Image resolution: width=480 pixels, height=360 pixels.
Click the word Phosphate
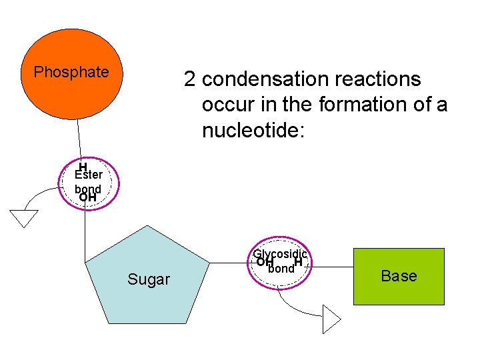coord(71,72)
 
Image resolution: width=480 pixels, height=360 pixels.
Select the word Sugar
coord(149,279)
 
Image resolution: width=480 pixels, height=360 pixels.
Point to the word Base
coord(399,276)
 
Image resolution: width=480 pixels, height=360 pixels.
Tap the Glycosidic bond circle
coord(280,262)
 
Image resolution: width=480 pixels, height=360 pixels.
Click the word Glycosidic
coord(280,254)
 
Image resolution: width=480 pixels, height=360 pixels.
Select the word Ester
coord(89,175)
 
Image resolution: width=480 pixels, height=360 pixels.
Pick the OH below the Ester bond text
coord(87,197)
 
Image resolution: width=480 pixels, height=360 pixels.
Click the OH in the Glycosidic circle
coord(265,262)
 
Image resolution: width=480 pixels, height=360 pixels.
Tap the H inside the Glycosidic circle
coord(298,262)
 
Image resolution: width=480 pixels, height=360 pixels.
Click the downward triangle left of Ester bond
coord(24,218)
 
